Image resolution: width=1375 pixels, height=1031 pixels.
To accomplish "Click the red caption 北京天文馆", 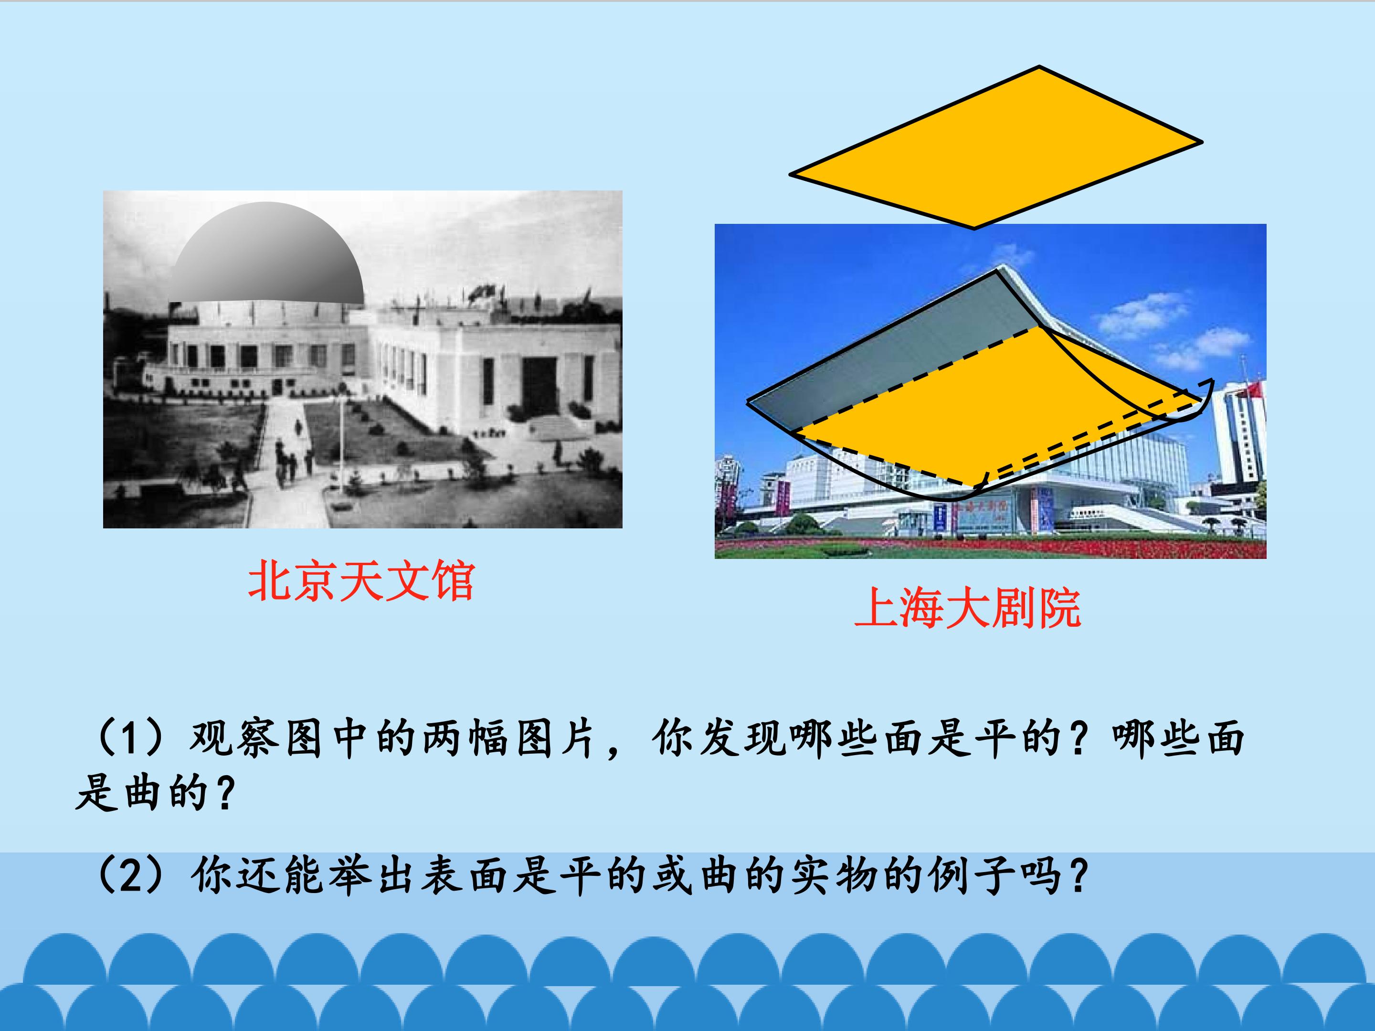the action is (361, 580).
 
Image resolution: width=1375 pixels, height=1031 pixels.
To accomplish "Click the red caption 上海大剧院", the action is (968, 608).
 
